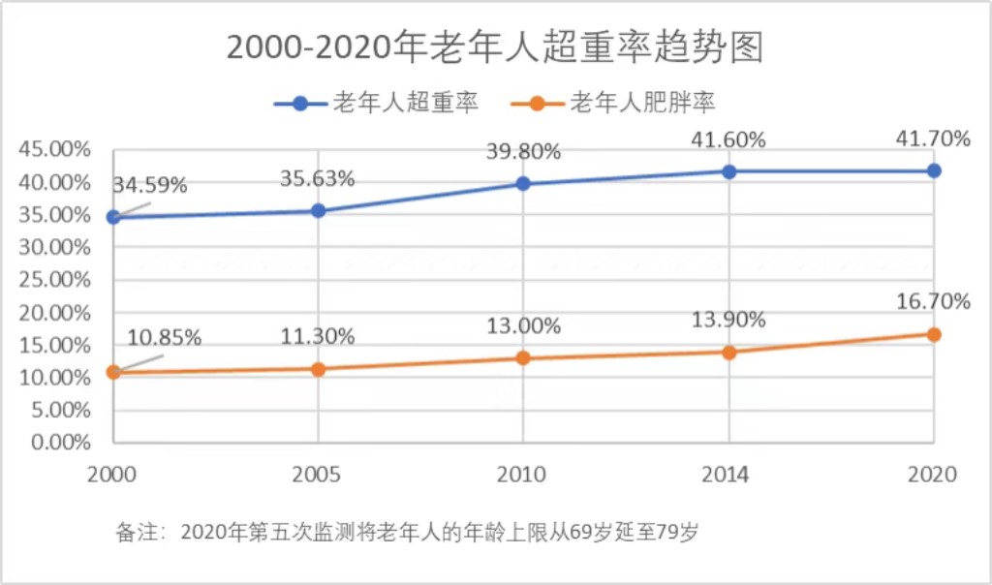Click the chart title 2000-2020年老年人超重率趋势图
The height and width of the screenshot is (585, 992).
point(495,46)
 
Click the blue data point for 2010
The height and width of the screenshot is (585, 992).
point(523,183)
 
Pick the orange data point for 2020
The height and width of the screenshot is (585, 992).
point(934,334)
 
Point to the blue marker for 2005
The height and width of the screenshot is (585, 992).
point(318,210)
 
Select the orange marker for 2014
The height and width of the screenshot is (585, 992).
point(728,352)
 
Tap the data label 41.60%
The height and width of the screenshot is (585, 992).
point(728,139)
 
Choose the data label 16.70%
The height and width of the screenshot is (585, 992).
point(933,301)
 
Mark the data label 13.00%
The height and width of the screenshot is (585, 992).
point(523,326)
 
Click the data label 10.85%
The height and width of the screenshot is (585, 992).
point(165,338)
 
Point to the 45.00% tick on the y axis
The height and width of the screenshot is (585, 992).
point(54,149)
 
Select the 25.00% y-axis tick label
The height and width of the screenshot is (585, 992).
point(54,280)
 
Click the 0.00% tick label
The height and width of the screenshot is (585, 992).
point(60,443)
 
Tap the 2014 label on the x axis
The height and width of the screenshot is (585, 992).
point(728,475)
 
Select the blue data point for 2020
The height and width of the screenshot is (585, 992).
point(934,170)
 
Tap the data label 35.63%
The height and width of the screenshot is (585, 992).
point(318,179)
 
